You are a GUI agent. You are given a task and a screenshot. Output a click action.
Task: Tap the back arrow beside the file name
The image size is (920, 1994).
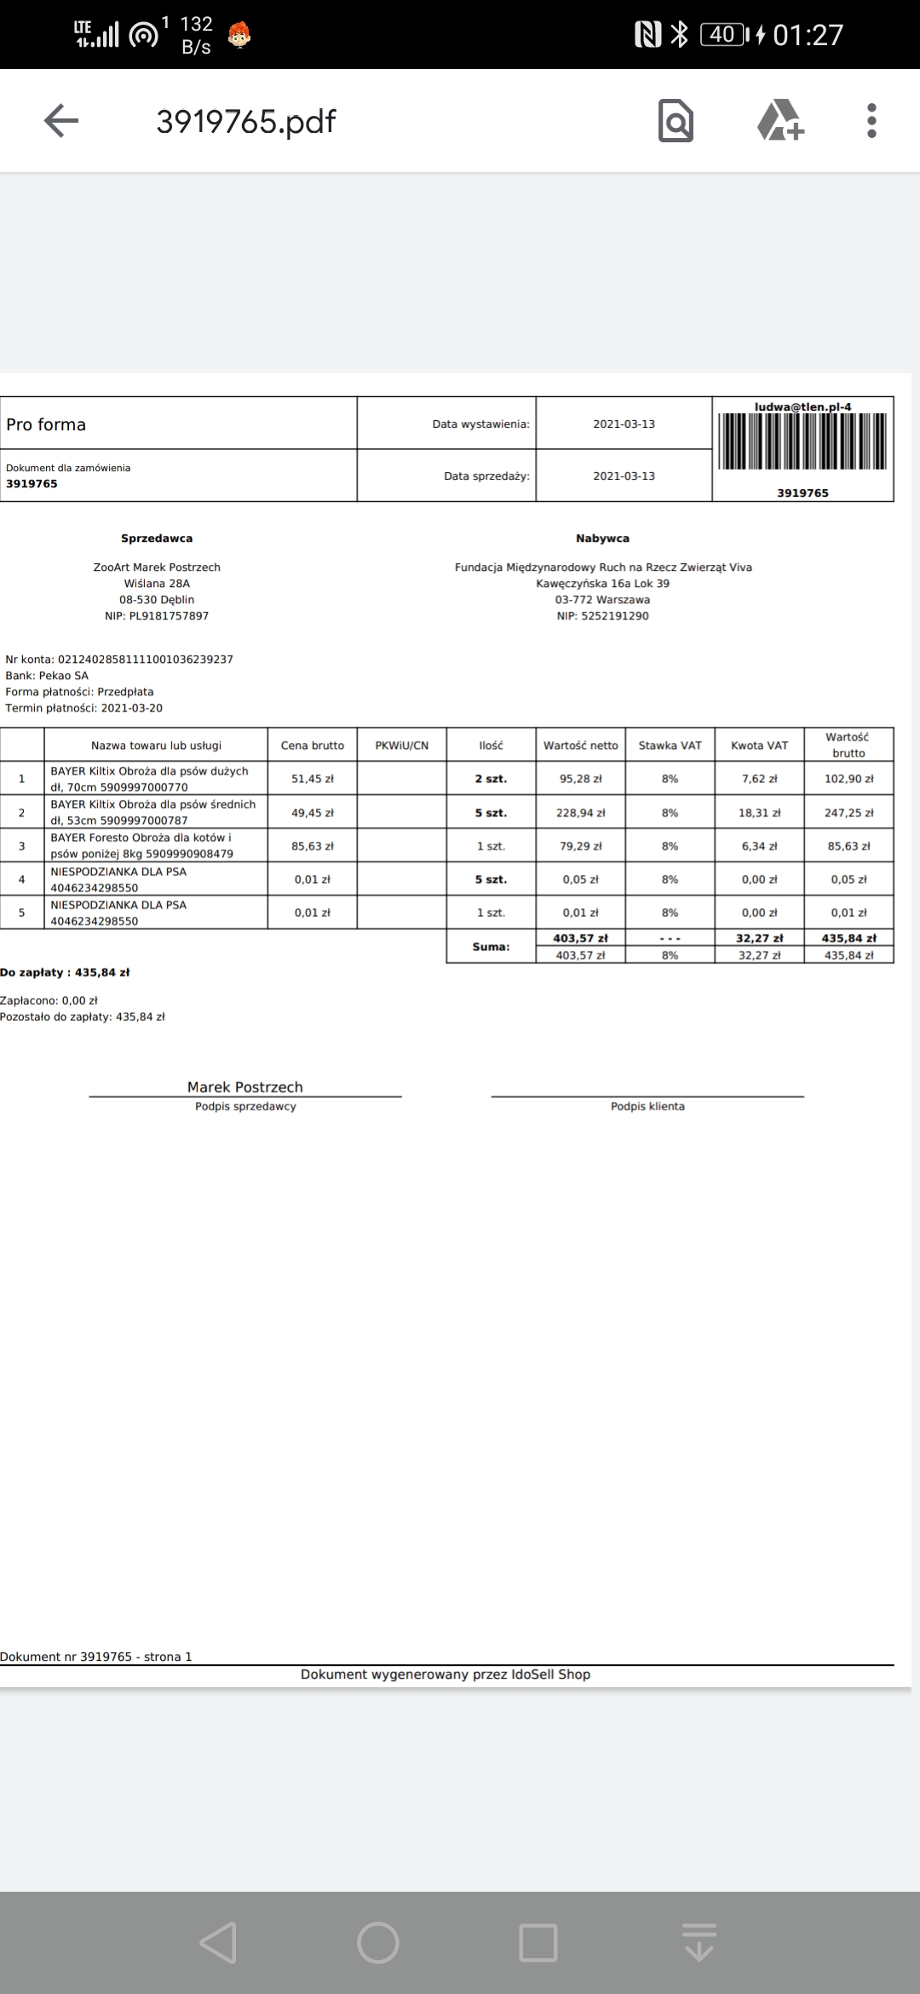click(x=60, y=121)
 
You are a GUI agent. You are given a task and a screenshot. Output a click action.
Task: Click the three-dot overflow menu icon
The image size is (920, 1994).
click(x=871, y=121)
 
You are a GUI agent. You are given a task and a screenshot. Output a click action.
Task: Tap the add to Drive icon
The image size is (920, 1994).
click(x=780, y=121)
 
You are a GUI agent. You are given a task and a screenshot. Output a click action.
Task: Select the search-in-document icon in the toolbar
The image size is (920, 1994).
click(x=676, y=121)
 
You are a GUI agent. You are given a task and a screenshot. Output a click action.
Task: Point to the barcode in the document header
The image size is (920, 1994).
click(x=802, y=441)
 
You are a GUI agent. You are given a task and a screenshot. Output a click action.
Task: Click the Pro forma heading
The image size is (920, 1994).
click(x=46, y=424)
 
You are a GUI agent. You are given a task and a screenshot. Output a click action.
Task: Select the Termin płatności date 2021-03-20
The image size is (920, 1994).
click(x=131, y=708)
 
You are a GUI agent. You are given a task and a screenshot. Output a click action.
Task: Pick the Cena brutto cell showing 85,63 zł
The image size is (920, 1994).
click(x=313, y=846)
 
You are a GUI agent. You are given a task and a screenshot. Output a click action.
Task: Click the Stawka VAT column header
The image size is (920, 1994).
click(x=670, y=746)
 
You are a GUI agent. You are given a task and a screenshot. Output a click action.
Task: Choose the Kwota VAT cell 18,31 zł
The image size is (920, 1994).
click(x=758, y=813)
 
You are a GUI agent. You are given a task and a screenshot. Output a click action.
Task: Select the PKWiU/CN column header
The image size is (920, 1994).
click(x=402, y=746)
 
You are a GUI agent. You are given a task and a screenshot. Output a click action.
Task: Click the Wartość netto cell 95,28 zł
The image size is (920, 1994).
click(x=581, y=779)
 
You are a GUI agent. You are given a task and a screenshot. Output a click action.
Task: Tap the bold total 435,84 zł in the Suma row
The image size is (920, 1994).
click(x=848, y=938)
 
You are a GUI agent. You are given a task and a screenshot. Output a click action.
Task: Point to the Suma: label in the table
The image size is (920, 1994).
click(x=491, y=947)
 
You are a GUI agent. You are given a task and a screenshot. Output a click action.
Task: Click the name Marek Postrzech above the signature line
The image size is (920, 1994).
click(x=245, y=1086)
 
